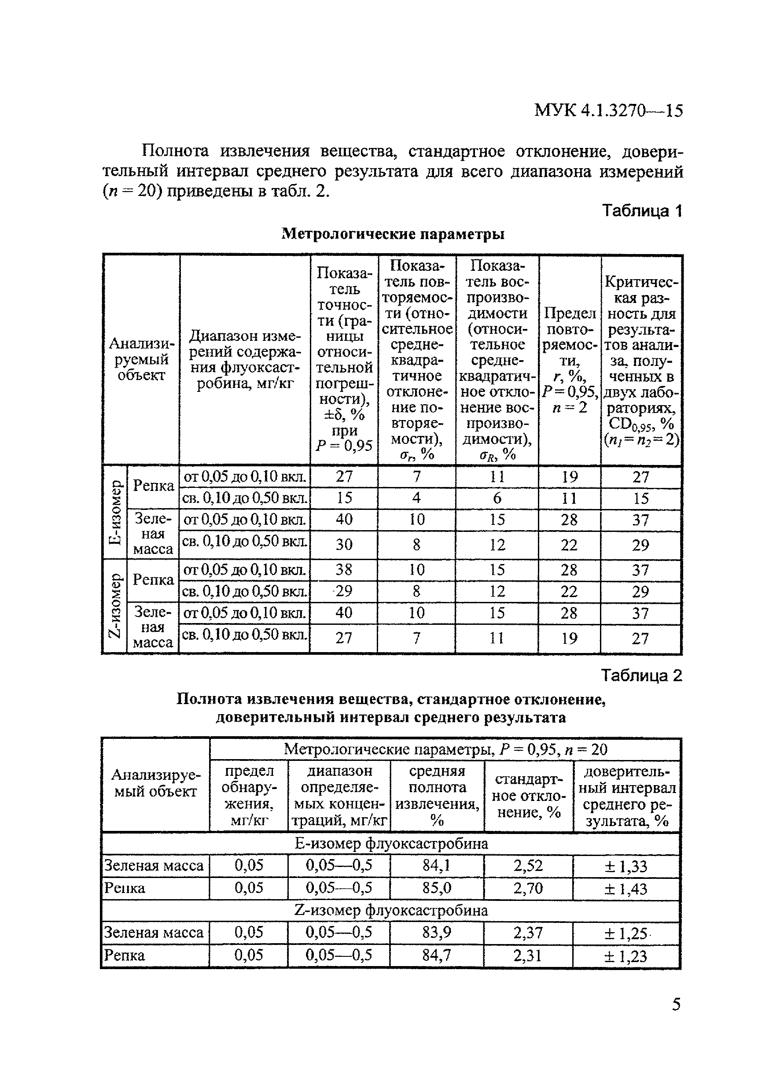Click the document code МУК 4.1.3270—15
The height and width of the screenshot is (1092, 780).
pos(608,111)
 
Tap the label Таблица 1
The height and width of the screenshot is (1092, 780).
pos(642,211)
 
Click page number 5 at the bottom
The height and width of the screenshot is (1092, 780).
pos(676,1003)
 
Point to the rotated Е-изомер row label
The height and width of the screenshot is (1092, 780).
pos(115,512)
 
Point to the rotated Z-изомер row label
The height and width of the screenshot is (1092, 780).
pos(115,605)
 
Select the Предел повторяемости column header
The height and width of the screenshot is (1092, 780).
pos(569,360)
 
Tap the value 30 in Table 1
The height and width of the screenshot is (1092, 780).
pos(344,544)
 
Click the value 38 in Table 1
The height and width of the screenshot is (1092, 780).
pos(344,570)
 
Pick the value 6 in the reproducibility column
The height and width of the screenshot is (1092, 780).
pos(497,498)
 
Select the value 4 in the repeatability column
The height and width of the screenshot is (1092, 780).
pos(416,498)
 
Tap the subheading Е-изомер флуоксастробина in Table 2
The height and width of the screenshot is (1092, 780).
pos(391,844)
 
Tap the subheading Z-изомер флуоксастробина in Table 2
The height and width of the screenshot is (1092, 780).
pos(391,911)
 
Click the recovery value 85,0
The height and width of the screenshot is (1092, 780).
pos(437,888)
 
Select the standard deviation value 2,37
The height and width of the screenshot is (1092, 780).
pos(528,933)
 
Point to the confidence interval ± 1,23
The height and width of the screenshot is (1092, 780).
pos(626,956)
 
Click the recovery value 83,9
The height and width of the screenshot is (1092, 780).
pos(437,933)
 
